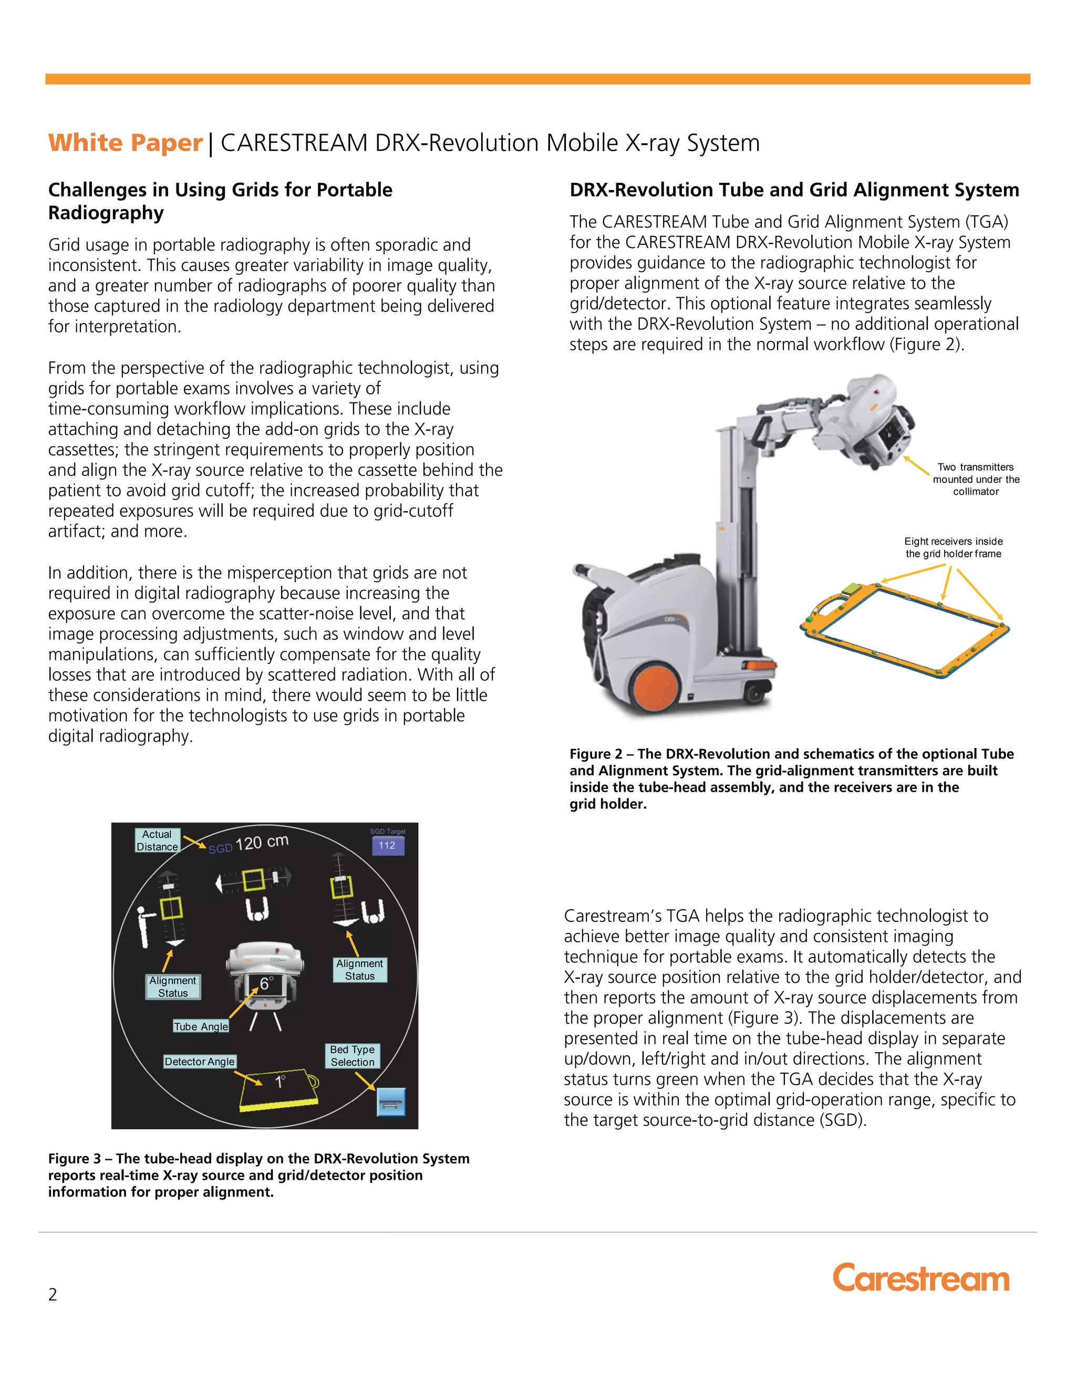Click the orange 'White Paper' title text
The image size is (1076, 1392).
(x=126, y=143)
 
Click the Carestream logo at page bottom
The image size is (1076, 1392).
(x=920, y=1278)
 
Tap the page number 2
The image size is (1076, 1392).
(x=53, y=1294)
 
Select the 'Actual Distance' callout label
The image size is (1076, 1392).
(x=157, y=840)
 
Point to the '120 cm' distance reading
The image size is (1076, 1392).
(x=261, y=843)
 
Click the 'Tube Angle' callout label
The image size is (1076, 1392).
(x=201, y=1026)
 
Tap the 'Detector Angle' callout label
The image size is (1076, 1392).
(x=200, y=1061)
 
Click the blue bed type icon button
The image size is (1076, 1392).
(x=391, y=1102)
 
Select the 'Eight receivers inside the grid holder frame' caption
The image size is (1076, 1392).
(x=953, y=547)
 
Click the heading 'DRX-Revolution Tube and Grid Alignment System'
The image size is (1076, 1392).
(x=794, y=190)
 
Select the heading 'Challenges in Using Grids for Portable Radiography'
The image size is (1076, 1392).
(x=220, y=201)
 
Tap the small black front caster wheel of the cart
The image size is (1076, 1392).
(x=756, y=693)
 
